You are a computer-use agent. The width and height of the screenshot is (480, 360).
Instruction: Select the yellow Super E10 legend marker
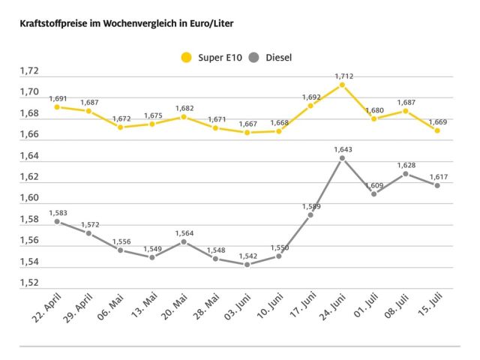tap(186, 57)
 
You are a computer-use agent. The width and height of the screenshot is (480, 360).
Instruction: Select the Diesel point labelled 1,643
tap(342, 158)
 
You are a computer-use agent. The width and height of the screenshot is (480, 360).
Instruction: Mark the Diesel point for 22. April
tap(57, 222)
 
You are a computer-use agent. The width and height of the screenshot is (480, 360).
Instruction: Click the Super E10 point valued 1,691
tap(57, 107)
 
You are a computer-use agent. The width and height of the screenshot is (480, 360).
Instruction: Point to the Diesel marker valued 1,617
tap(437, 185)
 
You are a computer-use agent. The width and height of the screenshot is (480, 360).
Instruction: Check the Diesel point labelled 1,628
tap(406, 173)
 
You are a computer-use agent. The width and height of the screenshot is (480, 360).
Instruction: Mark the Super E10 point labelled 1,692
tap(310, 106)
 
